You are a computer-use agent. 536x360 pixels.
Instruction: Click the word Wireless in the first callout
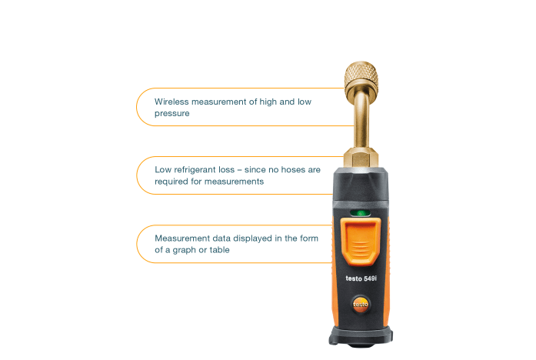(171, 102)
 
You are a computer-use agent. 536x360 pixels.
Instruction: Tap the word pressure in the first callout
(172, 114)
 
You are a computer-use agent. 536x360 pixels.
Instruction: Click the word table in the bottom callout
(219, 250)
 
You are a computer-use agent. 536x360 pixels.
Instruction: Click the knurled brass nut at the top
(361, 78)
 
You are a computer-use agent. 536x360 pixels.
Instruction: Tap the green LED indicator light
(361, 213)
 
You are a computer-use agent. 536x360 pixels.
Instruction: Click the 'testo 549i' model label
(361, 278)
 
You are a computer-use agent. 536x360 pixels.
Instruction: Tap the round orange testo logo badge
(361, 304)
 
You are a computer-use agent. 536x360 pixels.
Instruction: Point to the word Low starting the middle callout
(163, 169)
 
